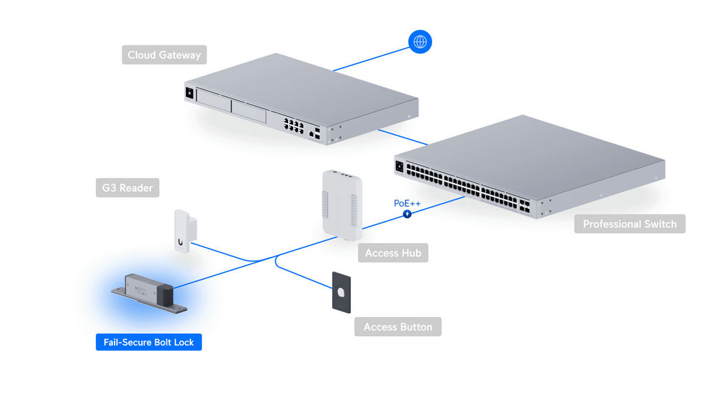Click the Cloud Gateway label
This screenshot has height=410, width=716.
click(x=164, y=54)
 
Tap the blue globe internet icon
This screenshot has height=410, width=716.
click(x=420, y=41)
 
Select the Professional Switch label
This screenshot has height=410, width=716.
click(x=629, y=224)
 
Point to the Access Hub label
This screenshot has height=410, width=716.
click(x=392, y=253)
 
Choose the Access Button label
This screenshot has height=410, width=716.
click(x=398, y=327)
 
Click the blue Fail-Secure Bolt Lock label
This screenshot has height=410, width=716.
click(x=148, y=342)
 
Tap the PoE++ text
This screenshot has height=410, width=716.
click(x=407, y=203)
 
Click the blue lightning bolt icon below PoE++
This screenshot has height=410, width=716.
click(x=407, y=213)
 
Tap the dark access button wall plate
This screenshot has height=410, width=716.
click(x=341, y=292)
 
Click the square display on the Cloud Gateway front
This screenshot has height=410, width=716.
click(x=189, y=92)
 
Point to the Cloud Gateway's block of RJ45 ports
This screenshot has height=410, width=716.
click(x=293, y=126)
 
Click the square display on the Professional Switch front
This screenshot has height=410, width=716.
click(x=401, y=166)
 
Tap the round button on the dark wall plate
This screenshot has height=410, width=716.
click(x=341, y=292)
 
